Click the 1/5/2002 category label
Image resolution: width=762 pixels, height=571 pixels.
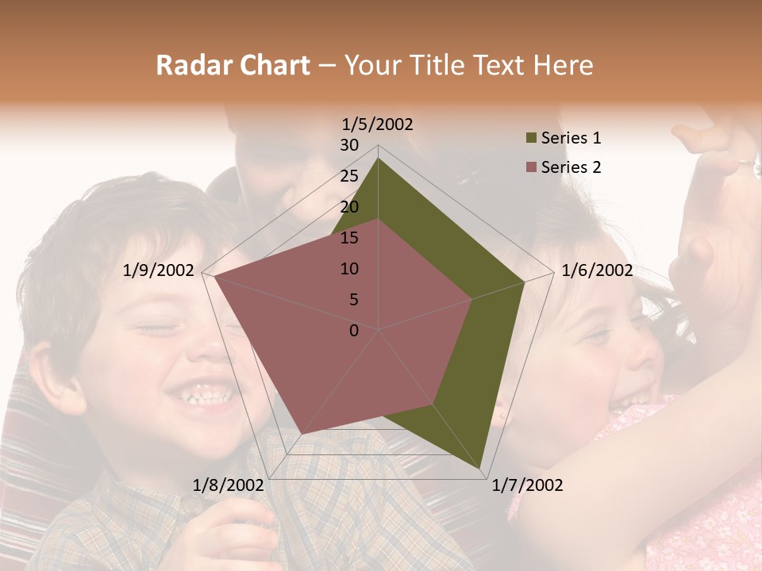377,125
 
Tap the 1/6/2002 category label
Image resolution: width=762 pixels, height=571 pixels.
597,270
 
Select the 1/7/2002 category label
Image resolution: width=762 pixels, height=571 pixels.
527,485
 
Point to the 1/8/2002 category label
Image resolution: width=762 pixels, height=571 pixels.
229,485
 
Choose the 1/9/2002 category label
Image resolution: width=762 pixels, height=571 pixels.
159,270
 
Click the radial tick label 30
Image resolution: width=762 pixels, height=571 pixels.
349,145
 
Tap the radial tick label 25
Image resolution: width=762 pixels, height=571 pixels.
349,176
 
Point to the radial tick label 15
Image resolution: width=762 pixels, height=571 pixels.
349,238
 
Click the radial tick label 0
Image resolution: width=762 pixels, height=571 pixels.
354,331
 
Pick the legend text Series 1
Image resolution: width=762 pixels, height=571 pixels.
571,138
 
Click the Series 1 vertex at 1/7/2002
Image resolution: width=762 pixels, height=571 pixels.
480,469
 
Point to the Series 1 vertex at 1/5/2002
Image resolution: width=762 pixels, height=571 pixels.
379,159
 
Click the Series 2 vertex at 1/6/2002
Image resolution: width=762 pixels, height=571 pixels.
472,299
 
